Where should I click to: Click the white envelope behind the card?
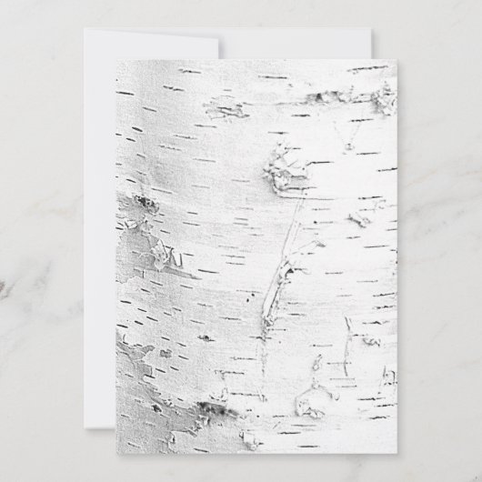98,227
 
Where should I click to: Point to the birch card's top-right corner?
397,62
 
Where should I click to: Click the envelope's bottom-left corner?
85,421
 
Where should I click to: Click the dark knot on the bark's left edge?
144,204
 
